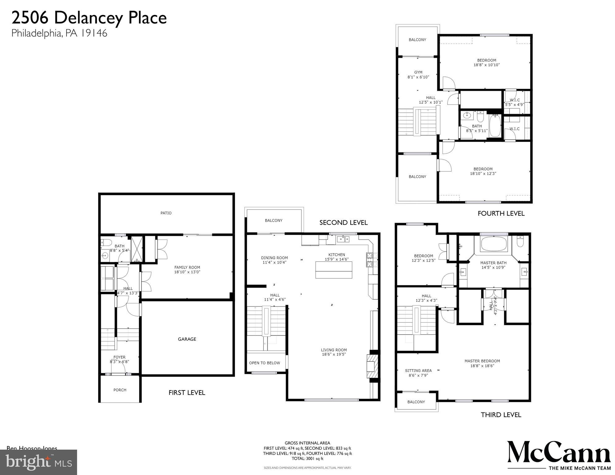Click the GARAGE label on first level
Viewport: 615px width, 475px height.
187,339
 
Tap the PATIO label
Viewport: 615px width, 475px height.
166,213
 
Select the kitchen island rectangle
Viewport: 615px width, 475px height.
334,270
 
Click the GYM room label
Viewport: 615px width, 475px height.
418,72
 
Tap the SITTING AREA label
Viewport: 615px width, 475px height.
418,370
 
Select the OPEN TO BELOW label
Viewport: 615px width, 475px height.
264,363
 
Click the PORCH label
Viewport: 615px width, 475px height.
120,390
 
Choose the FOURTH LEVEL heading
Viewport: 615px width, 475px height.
501,213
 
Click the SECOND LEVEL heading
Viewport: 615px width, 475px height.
343,222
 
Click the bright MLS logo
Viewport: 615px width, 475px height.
38,462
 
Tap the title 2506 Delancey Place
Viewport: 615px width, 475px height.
89,18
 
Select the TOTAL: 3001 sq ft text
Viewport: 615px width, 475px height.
307,459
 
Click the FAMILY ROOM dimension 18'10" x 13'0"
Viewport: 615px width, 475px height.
187,272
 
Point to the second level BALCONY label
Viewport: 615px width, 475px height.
274,220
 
